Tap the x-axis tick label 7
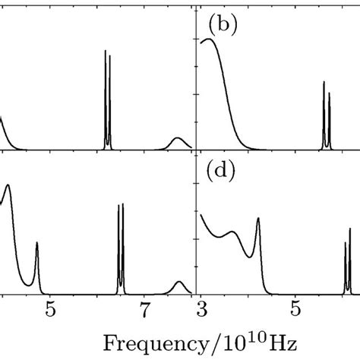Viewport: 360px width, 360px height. [144, 309]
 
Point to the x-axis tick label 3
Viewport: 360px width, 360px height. [201, 309]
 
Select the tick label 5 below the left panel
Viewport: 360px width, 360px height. [50, 309]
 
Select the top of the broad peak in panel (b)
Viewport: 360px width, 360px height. [210, 39]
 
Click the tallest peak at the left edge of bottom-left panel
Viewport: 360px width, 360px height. [8, 187]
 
